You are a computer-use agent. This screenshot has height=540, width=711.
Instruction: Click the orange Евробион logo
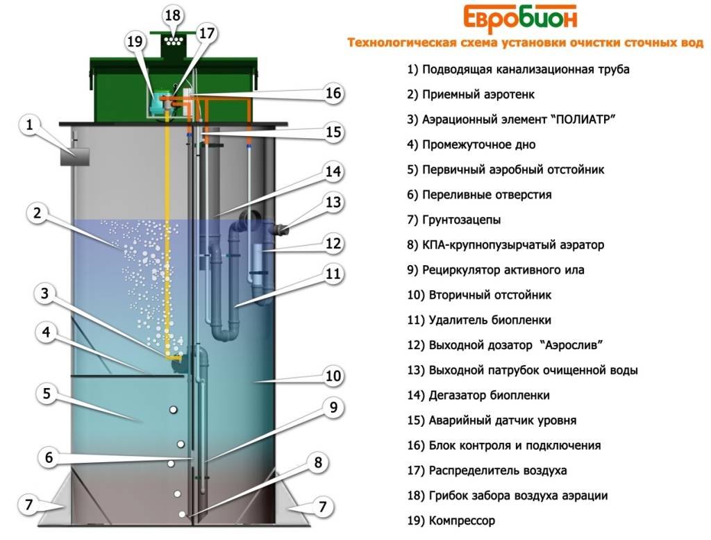coord(520,19)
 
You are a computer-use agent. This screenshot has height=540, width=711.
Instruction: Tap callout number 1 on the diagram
coord(30,124)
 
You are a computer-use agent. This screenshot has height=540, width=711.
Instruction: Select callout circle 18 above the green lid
coord(173,15)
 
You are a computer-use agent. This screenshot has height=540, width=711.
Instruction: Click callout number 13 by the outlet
coord(333,202)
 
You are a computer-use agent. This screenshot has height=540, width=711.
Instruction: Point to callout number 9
coord(333,407)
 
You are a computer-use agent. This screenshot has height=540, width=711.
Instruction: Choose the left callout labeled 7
coord(29,504)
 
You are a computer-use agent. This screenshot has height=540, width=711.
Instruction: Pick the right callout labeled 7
coord(322,506)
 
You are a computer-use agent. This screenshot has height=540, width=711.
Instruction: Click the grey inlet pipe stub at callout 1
coord(75,157)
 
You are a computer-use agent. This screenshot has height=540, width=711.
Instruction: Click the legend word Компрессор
coord(462,521)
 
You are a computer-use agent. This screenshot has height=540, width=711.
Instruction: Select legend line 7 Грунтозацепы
coord(454,220)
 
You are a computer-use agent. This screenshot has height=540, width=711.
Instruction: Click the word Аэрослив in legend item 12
coord(571,345)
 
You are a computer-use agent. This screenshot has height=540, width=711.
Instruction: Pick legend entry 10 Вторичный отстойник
coord(479,295)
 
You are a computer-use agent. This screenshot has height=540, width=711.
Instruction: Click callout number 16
coord(333,93)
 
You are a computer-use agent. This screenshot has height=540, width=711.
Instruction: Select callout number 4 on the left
coord(46,332)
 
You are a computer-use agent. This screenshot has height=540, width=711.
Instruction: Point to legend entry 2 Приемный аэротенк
coord(471,94)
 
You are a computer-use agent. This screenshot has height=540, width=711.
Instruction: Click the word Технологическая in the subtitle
coord(402,42)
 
